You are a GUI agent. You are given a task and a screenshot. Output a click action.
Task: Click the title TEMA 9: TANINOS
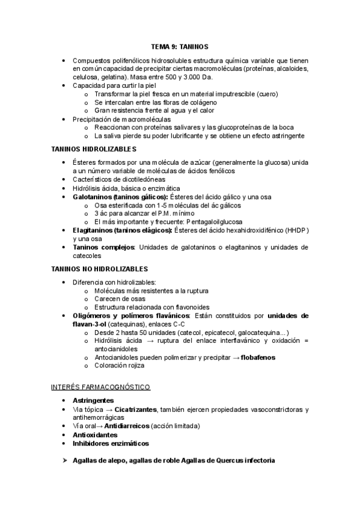(179, 47)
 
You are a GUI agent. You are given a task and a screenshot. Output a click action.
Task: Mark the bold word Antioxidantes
(95, 434)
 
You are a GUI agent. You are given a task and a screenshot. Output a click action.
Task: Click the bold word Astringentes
(94, 400)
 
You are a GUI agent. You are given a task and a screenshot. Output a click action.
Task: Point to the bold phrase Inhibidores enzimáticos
(111, 443)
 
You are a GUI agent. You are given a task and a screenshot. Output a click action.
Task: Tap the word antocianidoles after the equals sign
(116, 349)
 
